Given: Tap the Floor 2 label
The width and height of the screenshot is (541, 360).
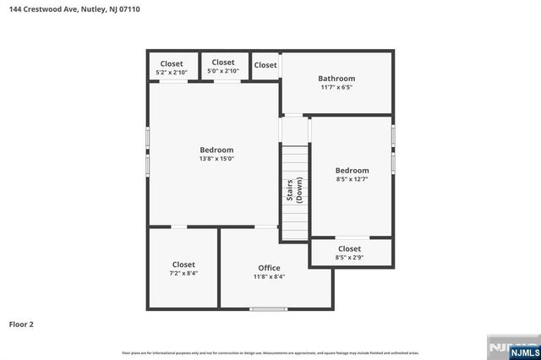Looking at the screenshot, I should click(x=21, y=324).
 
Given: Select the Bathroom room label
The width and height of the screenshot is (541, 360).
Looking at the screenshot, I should click(x=336, y=79).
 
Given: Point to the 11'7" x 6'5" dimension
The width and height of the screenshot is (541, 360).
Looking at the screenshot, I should click(x=336, y=87).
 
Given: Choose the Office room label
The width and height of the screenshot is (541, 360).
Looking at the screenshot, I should click(x=269, y=268).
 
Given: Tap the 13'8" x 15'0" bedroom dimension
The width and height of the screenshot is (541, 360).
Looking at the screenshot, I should click(x=216, y=159).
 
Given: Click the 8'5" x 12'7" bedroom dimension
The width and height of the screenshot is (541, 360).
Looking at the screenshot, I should click(x=352, y=179).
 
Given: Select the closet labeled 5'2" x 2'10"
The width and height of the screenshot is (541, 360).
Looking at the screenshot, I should click(x=172, y=73).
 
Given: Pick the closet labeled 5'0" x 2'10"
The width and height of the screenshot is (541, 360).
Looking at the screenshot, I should click(x=223, y=71).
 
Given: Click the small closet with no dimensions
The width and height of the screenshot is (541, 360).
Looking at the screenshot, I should click(x=265, y=65).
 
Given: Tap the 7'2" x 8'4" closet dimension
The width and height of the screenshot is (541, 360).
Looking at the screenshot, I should click(x=183, y=274).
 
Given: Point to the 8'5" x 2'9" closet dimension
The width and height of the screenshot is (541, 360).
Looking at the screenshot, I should click(x=349, y=257).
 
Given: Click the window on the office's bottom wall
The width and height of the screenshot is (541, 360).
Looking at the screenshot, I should click(x=270, y=308).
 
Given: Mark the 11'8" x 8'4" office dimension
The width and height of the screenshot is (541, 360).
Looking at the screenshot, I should click(x=269, y=276).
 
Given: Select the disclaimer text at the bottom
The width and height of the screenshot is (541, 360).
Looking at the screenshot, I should click(x=270, y=352).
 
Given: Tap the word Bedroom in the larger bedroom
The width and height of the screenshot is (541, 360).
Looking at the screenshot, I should click(x=216, y=150).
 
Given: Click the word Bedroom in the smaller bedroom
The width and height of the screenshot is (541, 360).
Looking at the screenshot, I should click(x=352, y=170).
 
